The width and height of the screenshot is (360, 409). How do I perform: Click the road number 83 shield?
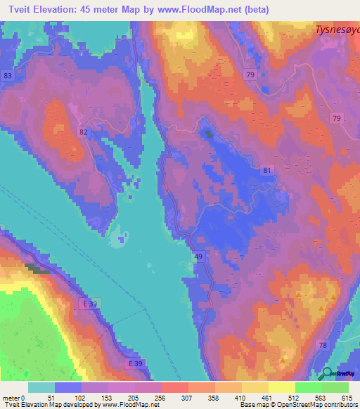point(8,75)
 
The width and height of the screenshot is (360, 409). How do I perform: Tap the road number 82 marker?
point(84,131)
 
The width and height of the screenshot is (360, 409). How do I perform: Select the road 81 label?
point(266,170)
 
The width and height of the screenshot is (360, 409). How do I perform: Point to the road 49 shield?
point(198,258)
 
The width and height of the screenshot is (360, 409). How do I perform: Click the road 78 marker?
point(323,344)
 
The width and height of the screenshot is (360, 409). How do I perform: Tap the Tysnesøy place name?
point(336,30)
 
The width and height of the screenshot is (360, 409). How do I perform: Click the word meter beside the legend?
point(11,398)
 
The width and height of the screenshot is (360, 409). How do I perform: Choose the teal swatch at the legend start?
point(41,387)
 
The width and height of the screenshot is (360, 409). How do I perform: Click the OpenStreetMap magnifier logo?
point(327,373)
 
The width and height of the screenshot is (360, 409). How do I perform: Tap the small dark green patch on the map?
point(207,131)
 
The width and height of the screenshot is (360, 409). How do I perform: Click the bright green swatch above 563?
point(309,387)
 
